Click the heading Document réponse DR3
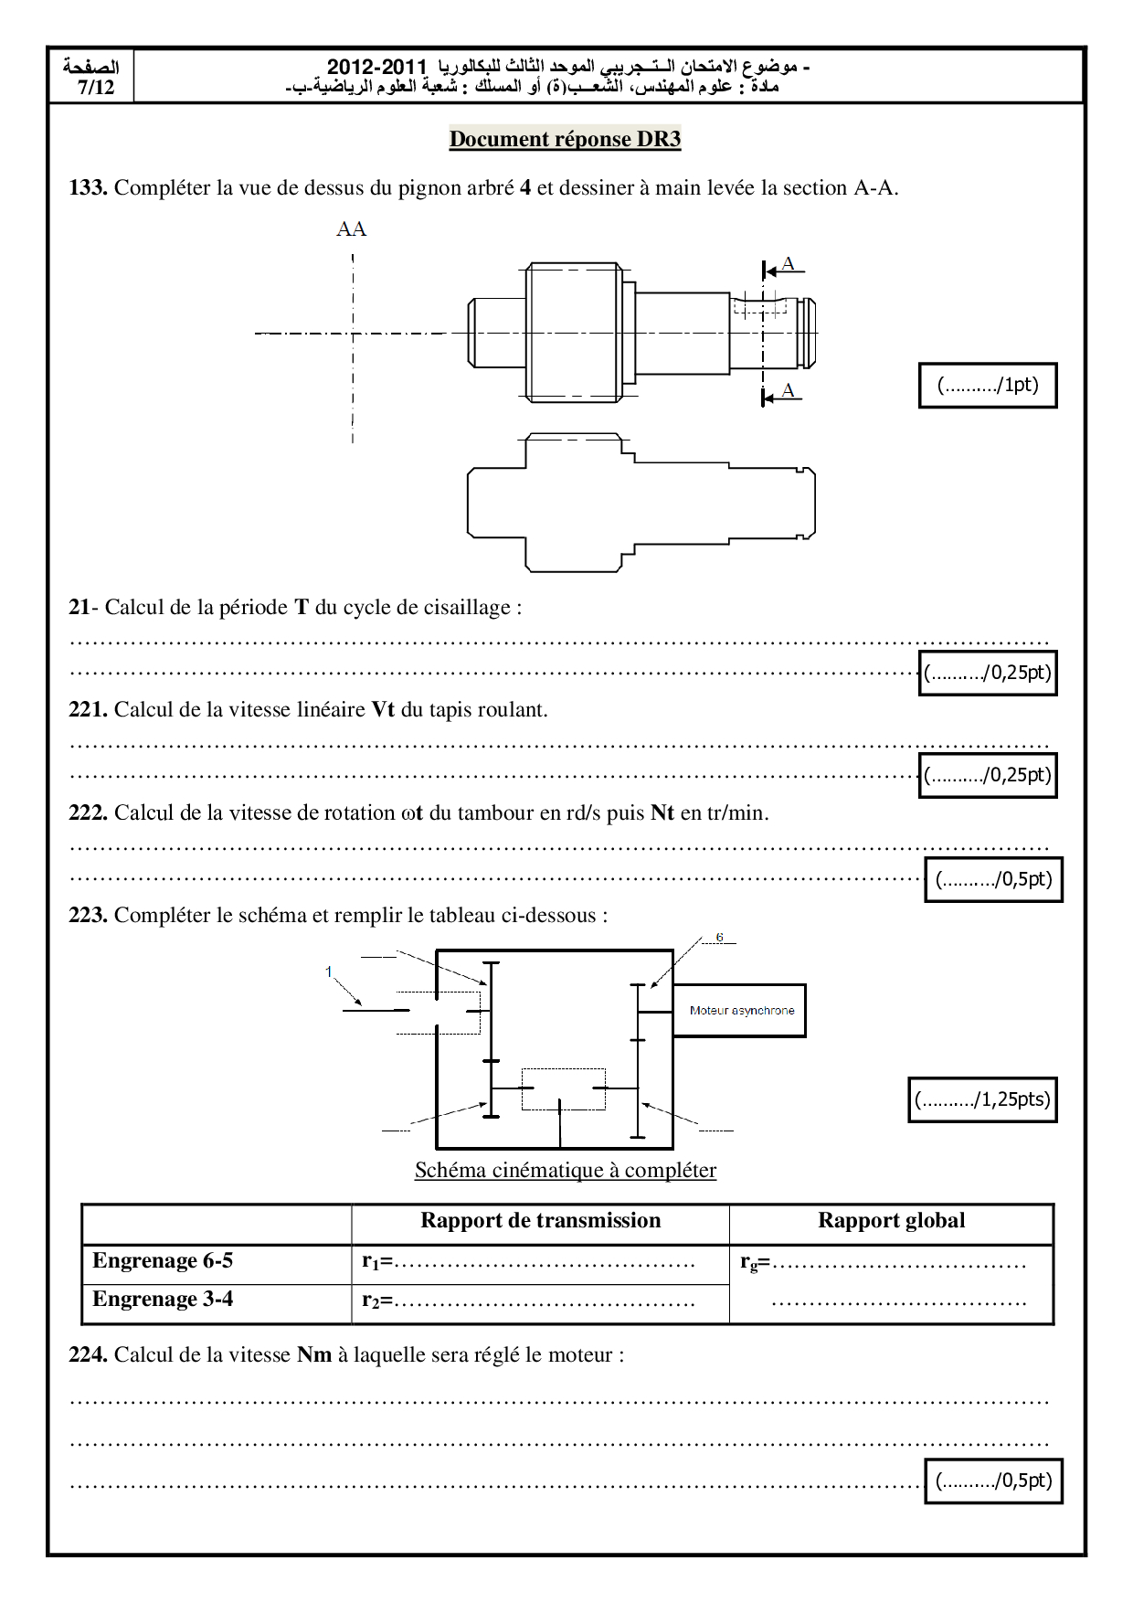point(565,139)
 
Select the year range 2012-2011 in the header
point(376,67)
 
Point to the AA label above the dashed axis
point(352,228)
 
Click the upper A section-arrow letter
point(788,263)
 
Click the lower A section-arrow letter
point(788,390)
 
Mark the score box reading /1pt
point(987,385)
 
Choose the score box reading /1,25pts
point(982,1099)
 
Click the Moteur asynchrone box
point(740,1010)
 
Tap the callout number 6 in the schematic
point(719,938)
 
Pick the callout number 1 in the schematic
point(329,971)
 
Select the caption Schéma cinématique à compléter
point(565,1170)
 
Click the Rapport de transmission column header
point(540,1221)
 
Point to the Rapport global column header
point(891,1221)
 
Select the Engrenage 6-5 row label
point(163,1260)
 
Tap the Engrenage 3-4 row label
point(163,1299)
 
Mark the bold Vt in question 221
point(383,709)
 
